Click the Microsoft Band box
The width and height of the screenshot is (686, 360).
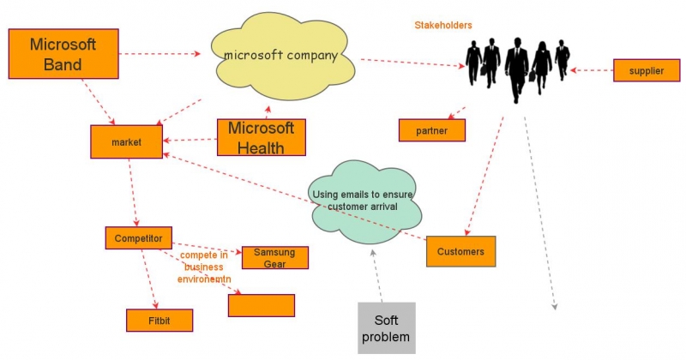pyautogui.click(x=63, y=54)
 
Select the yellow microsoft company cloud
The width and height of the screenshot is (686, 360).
pyautogui.click(x=282, y=56)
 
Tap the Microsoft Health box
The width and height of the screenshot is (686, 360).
pyautogui.click(x=262, y=137)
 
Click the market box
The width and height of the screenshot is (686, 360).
pyautogui.click(x=126, y=141)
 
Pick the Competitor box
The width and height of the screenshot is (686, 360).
pyautogui.click(x=138, y=238)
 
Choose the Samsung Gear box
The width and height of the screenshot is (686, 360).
pyautogui.click(x=274, y=258)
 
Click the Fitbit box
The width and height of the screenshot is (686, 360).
pyautogui.click(x=159, y=321)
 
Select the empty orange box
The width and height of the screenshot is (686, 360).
pyautogui.click(x=262, y=305)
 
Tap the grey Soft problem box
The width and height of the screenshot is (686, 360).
pyautogui.click(x=387, y=328)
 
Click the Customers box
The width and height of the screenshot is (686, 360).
pyautogui.click(x=460, y=251)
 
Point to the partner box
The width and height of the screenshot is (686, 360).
pyautogui.click(x=432, y=130)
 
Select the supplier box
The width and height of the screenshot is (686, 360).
pyautogui.click(x=647, y=70)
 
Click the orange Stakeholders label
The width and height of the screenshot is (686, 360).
pyautogui.click(x=443, y=26)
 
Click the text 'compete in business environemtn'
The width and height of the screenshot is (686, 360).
pyautogui.click(x=204, y=267)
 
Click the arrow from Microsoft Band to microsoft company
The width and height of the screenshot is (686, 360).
pyautogui.click(x=159, y=54)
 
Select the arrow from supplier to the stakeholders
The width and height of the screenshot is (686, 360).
pyautogui.click(x=592, y=70)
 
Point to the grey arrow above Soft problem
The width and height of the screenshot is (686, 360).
pyautogui.click(x=376, y=276)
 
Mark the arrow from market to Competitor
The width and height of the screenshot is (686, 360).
pyautogui.click(x=133, y=193)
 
